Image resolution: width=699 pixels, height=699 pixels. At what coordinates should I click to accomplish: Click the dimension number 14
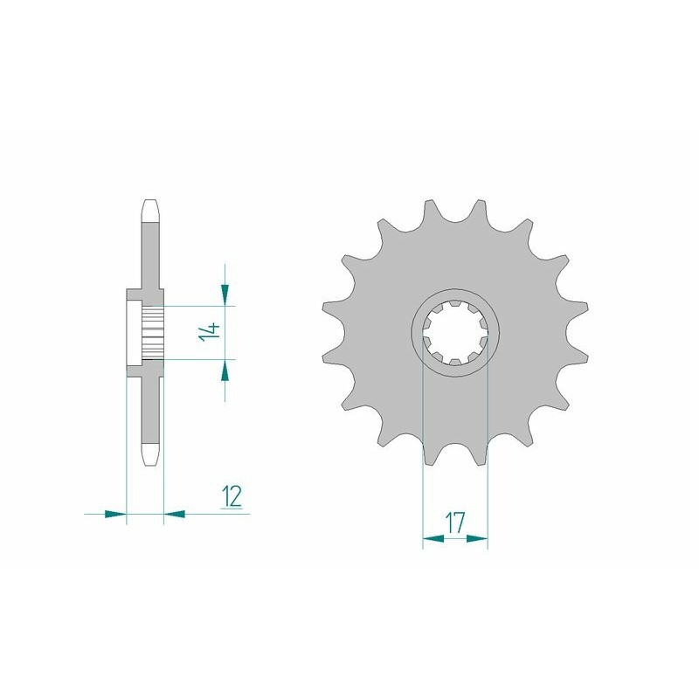click(208, 332)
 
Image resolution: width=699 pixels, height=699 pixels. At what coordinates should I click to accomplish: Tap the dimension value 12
click(232, 496)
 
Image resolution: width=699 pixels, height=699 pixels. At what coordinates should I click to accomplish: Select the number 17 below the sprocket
click(454, 523)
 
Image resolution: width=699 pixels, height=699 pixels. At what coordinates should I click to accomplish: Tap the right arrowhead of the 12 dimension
click(175, 514)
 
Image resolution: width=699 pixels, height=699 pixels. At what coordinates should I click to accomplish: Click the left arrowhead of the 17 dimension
click(433, 540)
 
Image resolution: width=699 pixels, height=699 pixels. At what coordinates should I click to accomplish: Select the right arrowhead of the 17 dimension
click(476, 540)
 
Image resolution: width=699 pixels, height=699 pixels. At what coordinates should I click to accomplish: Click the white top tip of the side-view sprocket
click(150, 210)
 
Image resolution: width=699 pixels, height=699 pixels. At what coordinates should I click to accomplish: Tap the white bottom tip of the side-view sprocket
click(150, 456)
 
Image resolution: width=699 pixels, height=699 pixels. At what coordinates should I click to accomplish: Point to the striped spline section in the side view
click(153, 332)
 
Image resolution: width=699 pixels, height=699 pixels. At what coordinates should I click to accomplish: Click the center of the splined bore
click(455, 332)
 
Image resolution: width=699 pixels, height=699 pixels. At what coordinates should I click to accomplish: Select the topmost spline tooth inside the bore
click(455, 303)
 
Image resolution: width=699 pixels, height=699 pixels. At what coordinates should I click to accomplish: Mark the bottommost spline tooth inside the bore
click(455, 361)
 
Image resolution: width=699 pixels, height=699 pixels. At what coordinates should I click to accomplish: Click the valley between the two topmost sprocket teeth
click(455, 215)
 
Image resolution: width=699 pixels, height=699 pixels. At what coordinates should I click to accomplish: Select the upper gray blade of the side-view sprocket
click(150, 253)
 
